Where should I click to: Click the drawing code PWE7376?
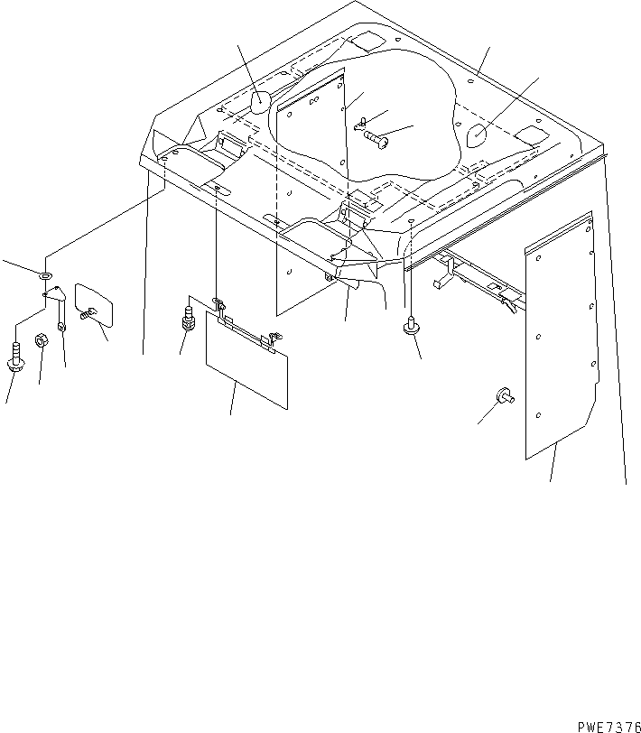point(609,727)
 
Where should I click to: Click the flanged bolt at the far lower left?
point(15,357)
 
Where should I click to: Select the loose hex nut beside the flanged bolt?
point(42,340)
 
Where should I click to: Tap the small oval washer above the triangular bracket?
point(46,275)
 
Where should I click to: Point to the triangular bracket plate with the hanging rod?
point(57,305)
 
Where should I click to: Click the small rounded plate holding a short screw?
point(94,304)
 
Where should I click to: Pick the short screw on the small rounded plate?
point(88,313)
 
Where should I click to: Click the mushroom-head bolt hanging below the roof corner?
point(412,325)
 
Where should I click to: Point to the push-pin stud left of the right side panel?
point(506,395)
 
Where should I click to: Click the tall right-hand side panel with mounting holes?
point(561,335)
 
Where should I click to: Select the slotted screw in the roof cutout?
point(376,139)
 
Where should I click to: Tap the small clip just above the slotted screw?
point(360,124)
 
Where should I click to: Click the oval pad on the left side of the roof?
point(261,102)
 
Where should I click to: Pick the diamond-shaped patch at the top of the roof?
point(368,41)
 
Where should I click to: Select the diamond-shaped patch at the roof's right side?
point(531,135)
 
